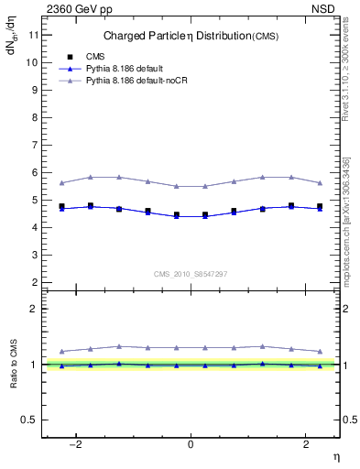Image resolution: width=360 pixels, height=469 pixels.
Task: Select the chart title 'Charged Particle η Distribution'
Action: (x=181, y=36)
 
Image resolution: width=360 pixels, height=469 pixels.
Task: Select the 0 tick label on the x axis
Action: (x=191, y=444)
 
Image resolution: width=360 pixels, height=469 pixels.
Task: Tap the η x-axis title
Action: (x=335, y=455)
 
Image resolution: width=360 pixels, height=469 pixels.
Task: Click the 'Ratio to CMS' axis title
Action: (x=14, y=365)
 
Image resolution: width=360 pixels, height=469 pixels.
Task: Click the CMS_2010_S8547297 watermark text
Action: (x=191, y=275)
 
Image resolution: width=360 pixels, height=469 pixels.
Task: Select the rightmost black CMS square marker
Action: (x=320, y=206)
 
